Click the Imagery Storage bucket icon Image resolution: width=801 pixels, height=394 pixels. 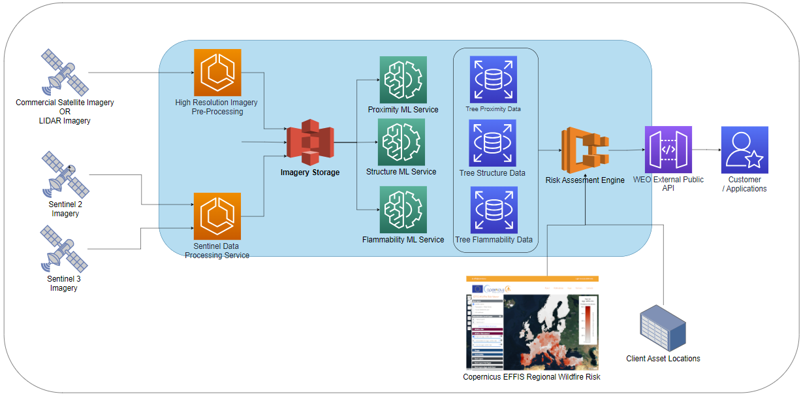(310, 142)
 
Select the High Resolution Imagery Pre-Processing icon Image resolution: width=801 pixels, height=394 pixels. (217, 73)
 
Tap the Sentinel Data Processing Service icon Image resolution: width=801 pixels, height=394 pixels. (217, 216)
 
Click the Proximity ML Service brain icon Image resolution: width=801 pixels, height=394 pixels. (403, 80)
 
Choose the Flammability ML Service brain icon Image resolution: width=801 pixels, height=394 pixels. (403, 210)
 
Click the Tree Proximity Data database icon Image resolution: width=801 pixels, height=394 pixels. (493, 79)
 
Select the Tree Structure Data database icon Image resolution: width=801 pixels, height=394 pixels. (492, 143)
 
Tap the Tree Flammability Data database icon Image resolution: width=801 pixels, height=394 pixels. (494, 210)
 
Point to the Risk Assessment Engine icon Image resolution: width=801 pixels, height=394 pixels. (585, 150)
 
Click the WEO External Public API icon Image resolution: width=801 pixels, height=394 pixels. (668, 150)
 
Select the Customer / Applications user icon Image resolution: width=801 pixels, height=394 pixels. (744, 150)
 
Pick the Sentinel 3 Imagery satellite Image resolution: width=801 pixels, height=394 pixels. (65, 249)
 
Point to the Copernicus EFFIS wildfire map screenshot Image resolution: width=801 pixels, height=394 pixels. (532, 323)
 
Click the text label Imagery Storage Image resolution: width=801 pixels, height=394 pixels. (310, 172)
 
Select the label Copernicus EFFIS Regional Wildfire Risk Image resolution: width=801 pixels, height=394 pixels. (531, 377)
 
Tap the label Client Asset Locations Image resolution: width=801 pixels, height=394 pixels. (663, 359)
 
